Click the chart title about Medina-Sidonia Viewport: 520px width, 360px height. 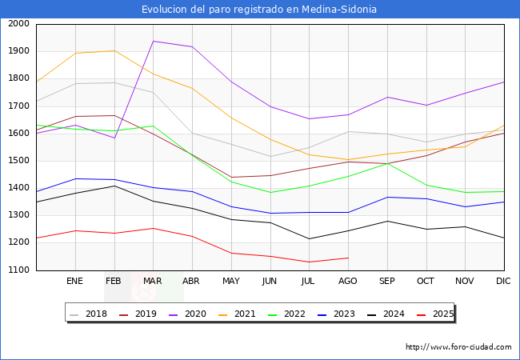pyautogui.click(x=259, y=10)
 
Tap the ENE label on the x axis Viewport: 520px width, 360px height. pyautogui.click(x=75, y=282)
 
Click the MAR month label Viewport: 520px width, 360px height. pyautogui.click(x=153, y=282)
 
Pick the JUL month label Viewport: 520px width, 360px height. pyautogui.click(x=309, y=282)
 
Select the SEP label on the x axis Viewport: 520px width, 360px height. pyautogui.click(x=387, y=282)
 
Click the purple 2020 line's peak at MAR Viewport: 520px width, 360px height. pyautogui.click(x=153, y=42)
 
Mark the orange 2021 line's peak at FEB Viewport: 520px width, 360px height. pyautogui.click(x=114, y=51)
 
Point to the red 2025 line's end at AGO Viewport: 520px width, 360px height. pyautogui.click(x=348, y=258)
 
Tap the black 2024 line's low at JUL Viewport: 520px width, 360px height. pyautogui.click(x=309, y=238)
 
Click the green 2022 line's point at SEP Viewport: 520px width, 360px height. pyautogui.click(x=387, y=163)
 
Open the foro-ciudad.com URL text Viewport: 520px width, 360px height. pyautogui.click(x=458, y=347)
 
